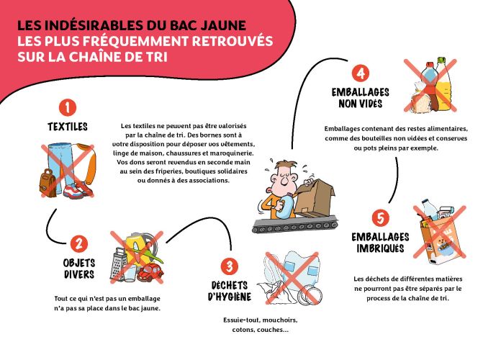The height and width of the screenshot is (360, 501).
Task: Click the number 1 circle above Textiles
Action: pos(68,107)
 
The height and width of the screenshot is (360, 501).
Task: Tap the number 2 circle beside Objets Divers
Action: pos(79,244)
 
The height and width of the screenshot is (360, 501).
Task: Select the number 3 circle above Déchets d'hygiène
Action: pos(230,266)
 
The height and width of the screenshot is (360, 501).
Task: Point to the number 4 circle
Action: pos(361,73)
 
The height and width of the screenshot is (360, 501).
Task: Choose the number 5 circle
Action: pos(381,218)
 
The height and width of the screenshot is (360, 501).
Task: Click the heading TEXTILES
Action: pos(68,127)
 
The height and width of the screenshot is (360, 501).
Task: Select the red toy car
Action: pos(150,272)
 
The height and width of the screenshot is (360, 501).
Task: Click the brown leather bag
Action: pos(48,183)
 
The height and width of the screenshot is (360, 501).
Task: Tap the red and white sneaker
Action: pos(78,190)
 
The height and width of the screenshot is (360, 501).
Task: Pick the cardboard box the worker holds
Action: pos(315,197)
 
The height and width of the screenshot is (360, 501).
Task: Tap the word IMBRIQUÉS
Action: pos(380,248)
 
